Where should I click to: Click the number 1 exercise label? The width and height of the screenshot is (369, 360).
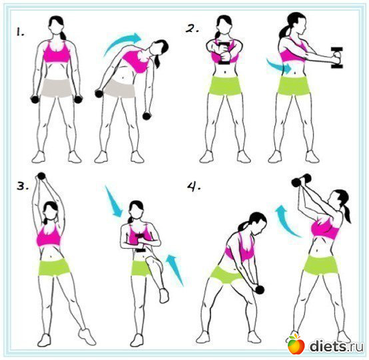click(x=20, y=32)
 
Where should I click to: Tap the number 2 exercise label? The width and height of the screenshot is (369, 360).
click(x=192, y=29)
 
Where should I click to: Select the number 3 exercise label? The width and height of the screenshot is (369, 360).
click(x=23, y=186)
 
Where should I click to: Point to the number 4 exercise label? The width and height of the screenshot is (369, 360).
click(x=194, y=187)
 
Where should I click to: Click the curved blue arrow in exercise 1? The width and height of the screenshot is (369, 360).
click(x=123, y=41)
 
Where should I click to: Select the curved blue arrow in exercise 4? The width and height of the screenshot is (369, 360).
click(x=285, y=220)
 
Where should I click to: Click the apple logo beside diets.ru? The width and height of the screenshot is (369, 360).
click(x=296, y=344)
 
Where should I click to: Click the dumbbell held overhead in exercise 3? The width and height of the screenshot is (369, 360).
click(x=41, y=176)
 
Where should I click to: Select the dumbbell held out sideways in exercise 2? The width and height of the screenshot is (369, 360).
click(x=337, y=58)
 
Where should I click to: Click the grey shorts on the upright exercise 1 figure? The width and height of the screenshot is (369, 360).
click(x=57, y=87)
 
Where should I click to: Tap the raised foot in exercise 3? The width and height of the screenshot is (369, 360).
click(x=164, y=295)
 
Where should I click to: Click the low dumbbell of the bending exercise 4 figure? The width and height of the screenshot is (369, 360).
click(x=260, y=289)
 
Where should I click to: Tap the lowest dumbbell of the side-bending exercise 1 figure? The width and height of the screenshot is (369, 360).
click(x=147, y=116)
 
